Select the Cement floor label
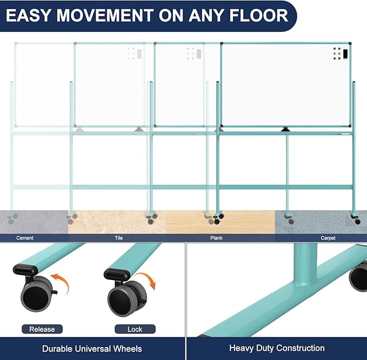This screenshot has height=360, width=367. click(x=25, y=238)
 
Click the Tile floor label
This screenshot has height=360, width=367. click(x=119, y=238)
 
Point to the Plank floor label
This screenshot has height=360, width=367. click(x=216, y=238)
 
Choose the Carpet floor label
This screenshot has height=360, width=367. click(x=328, y=238)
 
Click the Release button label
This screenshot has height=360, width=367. click(x=42, y=329)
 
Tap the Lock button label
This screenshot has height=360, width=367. click(x=135, y=329)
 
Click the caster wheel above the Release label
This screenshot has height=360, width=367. click(x=37, y=294)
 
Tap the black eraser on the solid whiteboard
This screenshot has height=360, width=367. click(x=345, y=54)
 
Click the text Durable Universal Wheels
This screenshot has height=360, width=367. click(x=92, y=349)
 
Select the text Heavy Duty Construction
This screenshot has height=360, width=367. click(x=277, y=348)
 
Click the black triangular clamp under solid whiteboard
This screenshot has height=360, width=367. click(x=285, y=129)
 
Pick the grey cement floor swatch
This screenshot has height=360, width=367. click(x=34, y=222)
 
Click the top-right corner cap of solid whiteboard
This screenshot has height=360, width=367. click(x=350, y=44)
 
